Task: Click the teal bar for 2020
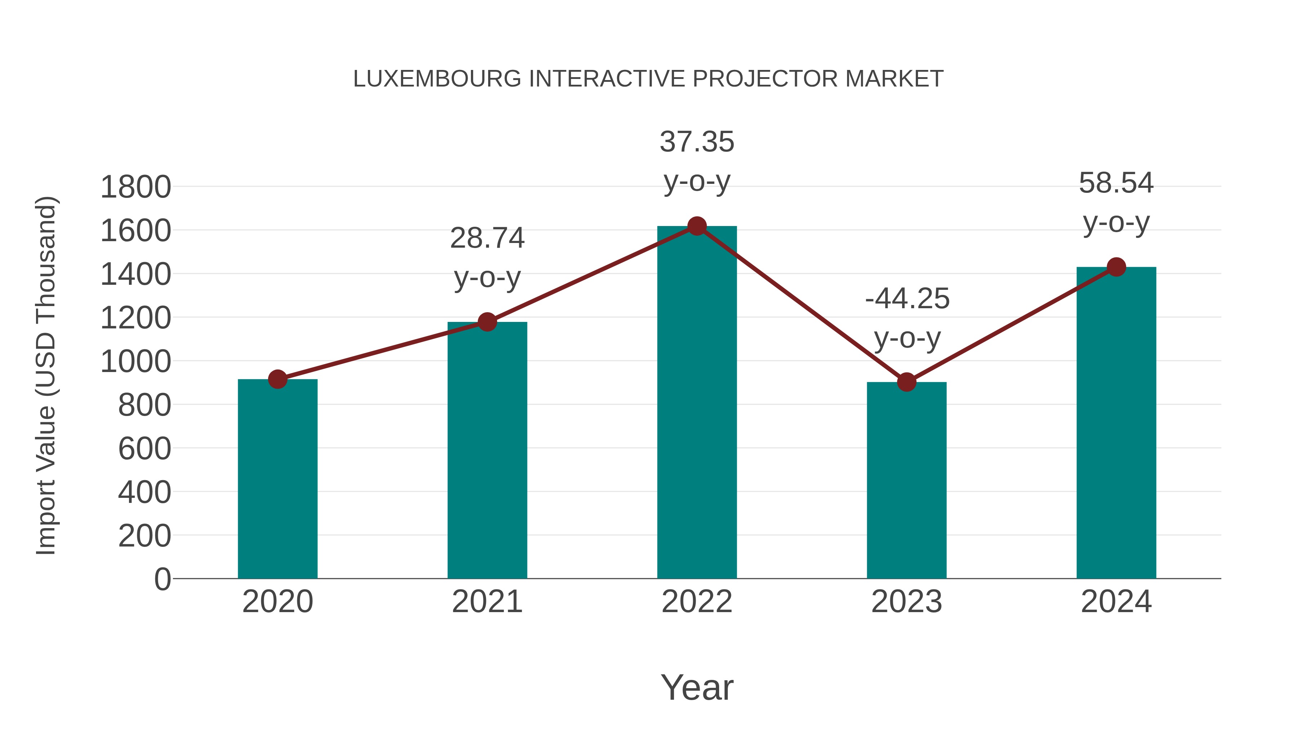click(x=277, y=479)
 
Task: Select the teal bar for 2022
click(x=697, y=403)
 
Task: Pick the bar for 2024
click(x=1116, y=423)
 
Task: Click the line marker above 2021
click(x=487, y=322)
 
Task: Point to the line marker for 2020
click(x=277, y=379)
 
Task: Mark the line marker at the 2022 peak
click(x=697, y=226)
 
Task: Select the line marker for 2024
click(x=1116, y=267)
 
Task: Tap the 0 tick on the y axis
click(x=162, y=579)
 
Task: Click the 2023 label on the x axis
click(x=906, y=602)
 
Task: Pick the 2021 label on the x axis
click(x=487, y=602)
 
